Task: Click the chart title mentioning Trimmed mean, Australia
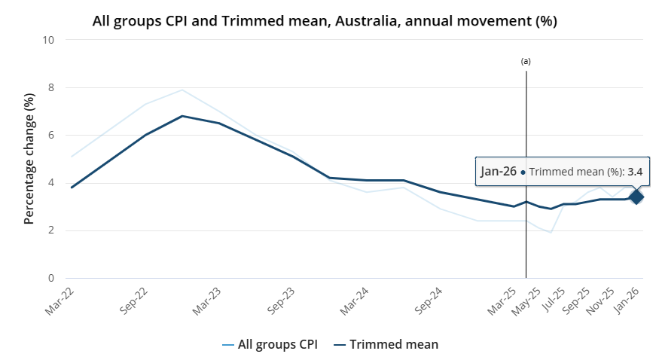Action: click(x=325, y=21)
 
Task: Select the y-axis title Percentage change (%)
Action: click(x=29, y=159)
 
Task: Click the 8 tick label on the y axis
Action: click(x=51, y=87)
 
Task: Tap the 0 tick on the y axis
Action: click(x=51, y=279)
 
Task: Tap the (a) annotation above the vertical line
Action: click(x=526, y=61)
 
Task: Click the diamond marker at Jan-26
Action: click(x=636, y=197)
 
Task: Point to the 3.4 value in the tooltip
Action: click(x=635, y=172)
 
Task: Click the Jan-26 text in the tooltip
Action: click(x=499, y=172)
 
